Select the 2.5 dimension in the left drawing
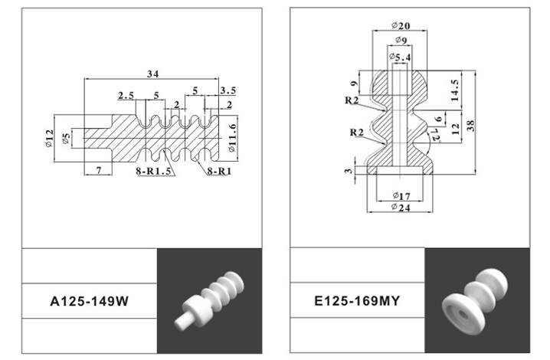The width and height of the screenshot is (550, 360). [126, 96]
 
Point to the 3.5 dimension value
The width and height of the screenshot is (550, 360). [228, 91]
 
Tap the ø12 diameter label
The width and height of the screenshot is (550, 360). [50, 136]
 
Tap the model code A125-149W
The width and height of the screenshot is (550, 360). [88, 302]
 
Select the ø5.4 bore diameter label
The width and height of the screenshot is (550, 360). [400, 57]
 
